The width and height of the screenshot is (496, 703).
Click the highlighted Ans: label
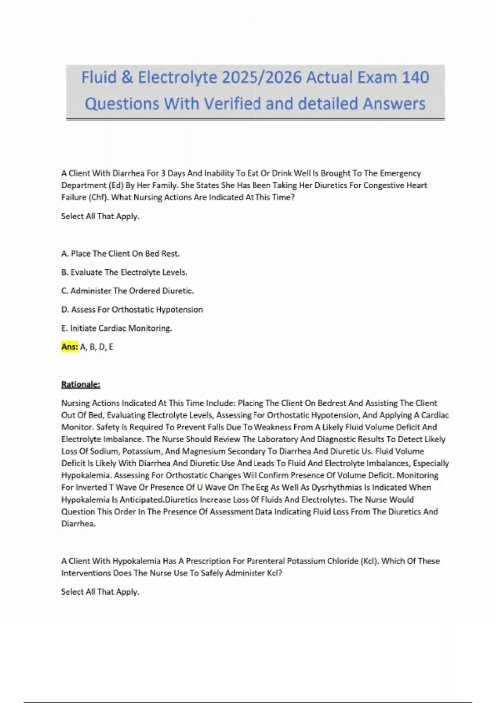(x=69, y=347)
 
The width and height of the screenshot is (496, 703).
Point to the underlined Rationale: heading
(x=81, y=385)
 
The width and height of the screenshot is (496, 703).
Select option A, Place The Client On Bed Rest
(x=120, y=253)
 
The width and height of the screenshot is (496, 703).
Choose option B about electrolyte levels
(x=124, y=272)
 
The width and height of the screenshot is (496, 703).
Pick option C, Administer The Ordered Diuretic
(x=127, y=291)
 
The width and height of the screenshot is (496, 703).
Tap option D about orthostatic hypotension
(x=132, y=309)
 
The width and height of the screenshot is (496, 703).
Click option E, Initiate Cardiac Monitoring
(x=117, y=328)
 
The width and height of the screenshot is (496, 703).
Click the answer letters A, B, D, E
(x=97, y=347)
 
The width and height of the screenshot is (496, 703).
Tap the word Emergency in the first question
(x=400, y=173)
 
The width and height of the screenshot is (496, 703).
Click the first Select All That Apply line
(x=100, y=216)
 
